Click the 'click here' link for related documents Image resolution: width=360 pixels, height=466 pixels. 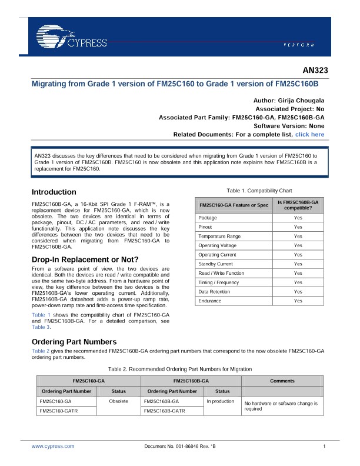click(x=309, y=135)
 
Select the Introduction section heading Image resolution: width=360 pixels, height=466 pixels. click(x=54, y=192)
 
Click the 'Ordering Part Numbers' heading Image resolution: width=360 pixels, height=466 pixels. click(x=74, y=342)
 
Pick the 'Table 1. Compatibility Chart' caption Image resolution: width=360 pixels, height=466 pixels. click(x=259, y=191)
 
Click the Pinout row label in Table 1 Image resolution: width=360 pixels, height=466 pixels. click(x=205, y=227)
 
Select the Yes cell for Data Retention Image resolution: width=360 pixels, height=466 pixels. click(x=298, y=292)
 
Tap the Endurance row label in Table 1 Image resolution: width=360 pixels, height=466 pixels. click(x=210, y=301)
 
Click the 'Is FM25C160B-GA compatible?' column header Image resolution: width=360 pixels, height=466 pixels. click(x=298, y=205)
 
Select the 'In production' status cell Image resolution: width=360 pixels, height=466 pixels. click(x=220, y=401)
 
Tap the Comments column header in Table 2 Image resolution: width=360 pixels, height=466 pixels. click(x=282, y=381)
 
